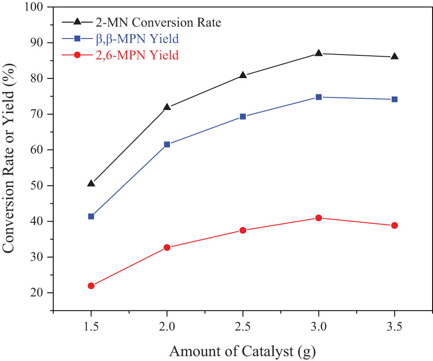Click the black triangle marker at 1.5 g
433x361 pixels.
(x=91, y=183)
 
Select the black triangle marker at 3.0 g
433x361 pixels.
(x=319, y=53)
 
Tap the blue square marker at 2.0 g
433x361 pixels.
(x=167, y=144)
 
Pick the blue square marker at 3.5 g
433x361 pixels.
(x=394, y=99)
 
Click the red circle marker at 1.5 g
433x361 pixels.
(x=91, y=286)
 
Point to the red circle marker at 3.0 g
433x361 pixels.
(x=319, y=218)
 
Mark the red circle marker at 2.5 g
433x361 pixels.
(x=243, y=230)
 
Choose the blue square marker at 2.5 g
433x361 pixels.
(x=243, y=116)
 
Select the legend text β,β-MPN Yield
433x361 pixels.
(x=137, y=39)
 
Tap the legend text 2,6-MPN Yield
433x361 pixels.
(x=137, y=55)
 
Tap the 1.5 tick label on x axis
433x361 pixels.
(x=91, y=328)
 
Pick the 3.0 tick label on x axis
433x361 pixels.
(x=318, y=328)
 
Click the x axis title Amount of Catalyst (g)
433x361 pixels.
(x=242, y=351)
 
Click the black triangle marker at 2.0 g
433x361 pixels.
(x=167, y=107)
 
